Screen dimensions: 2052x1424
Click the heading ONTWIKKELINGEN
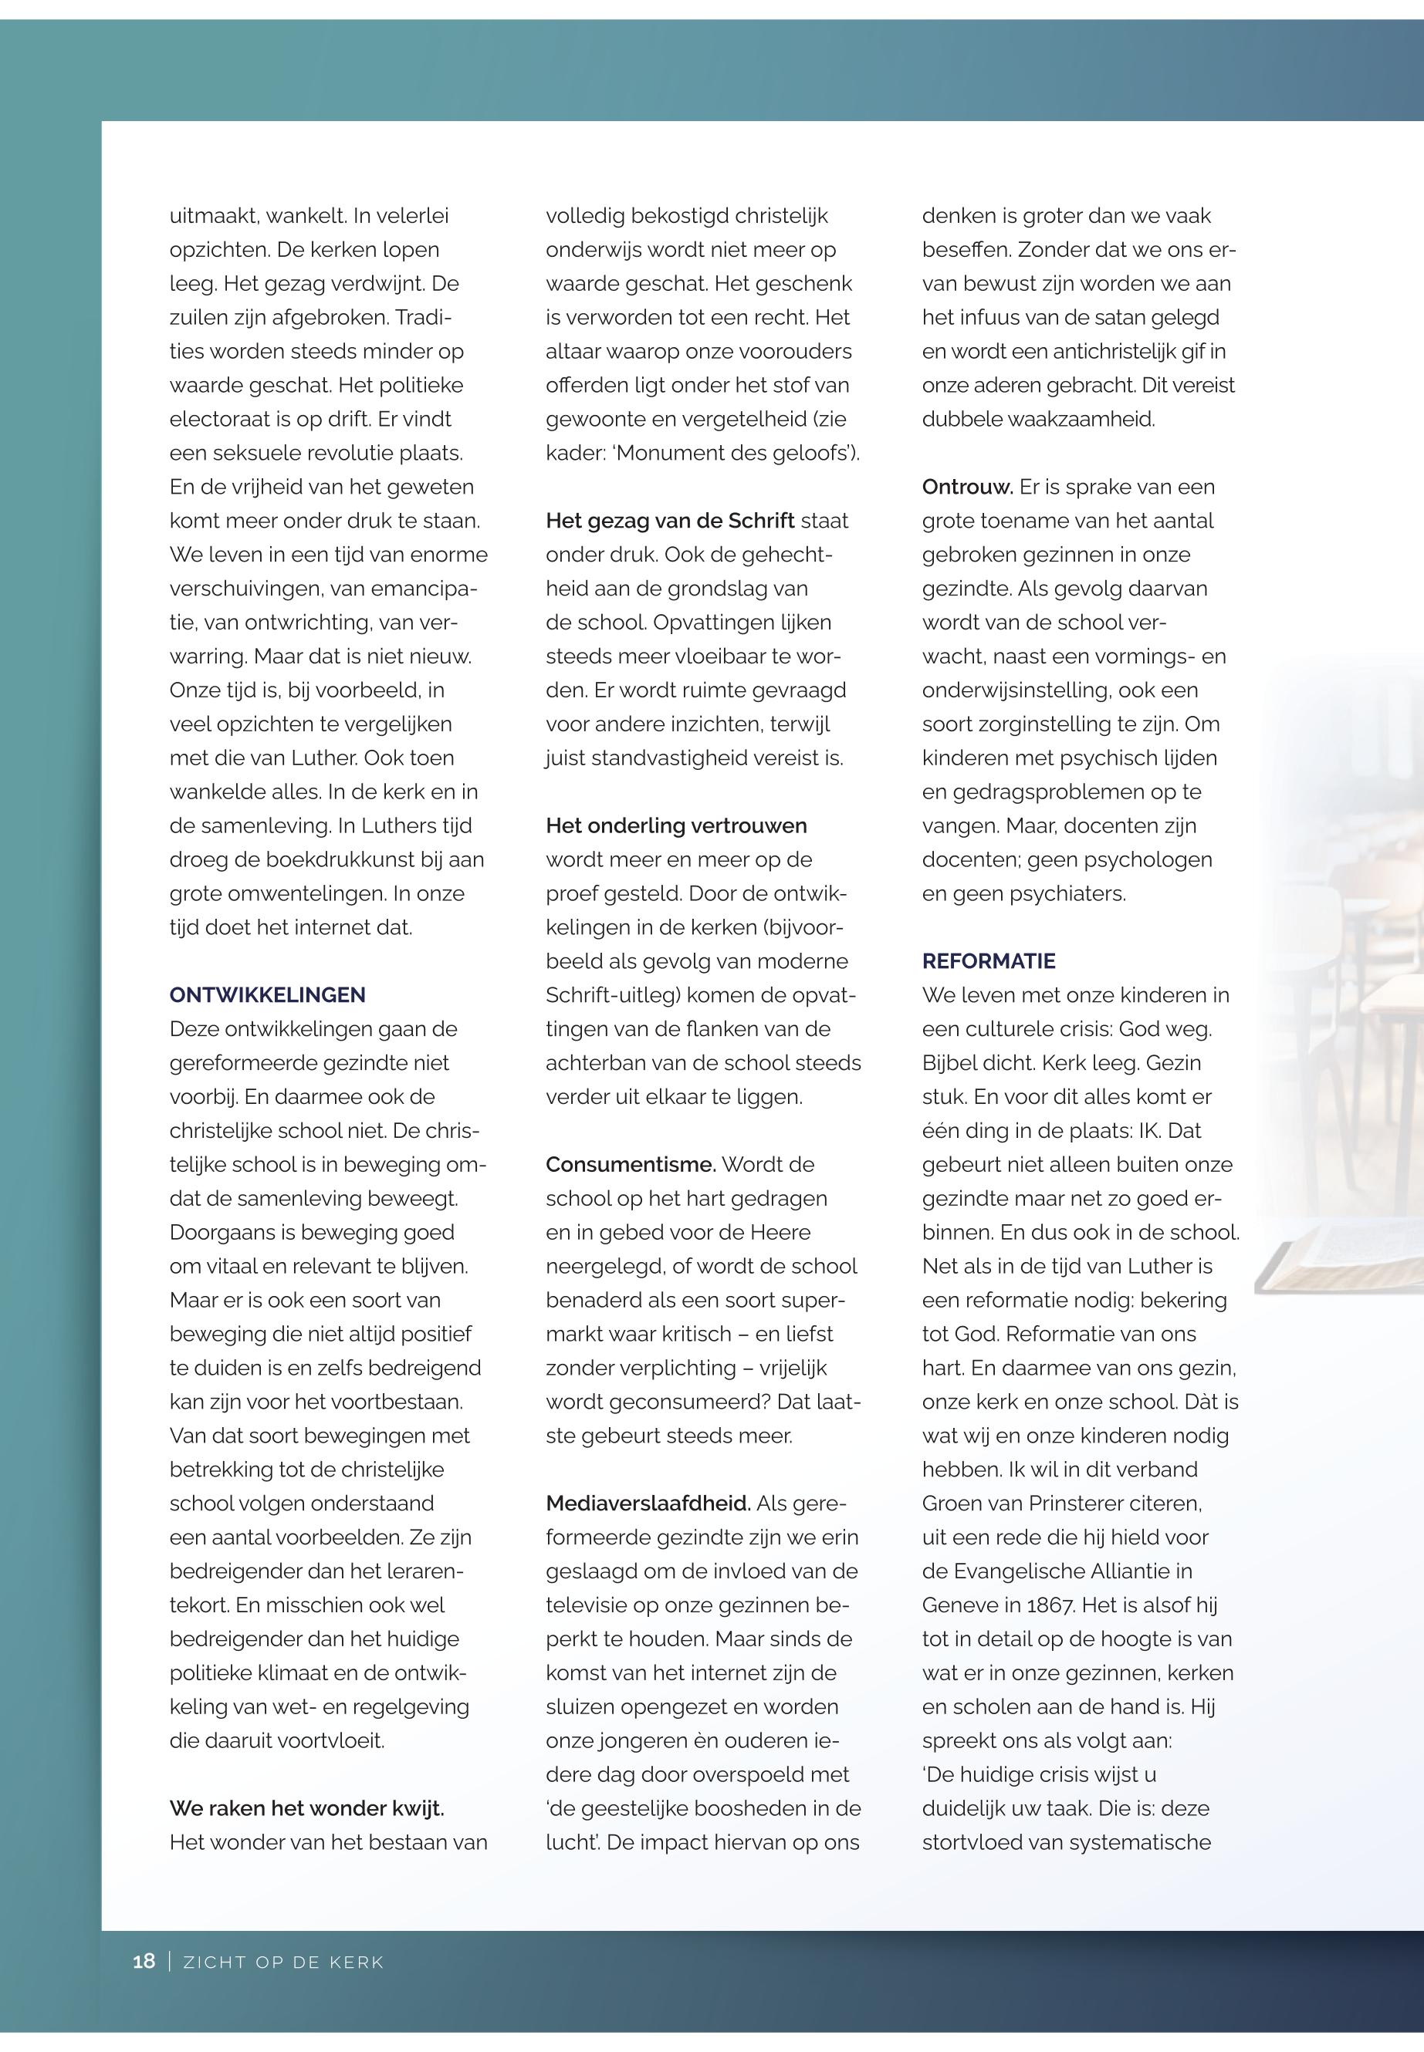point(267,995)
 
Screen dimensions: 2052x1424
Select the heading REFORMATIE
point(989,961)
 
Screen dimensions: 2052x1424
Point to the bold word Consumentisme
point(631,1165)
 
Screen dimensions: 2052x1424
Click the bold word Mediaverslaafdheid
point(648,1504)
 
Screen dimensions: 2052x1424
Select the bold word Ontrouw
point(967,487)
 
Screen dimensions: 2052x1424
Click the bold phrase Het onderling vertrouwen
point(676,825)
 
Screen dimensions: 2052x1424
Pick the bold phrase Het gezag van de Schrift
point(670,521)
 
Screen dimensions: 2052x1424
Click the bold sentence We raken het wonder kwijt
point(307,1808)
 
